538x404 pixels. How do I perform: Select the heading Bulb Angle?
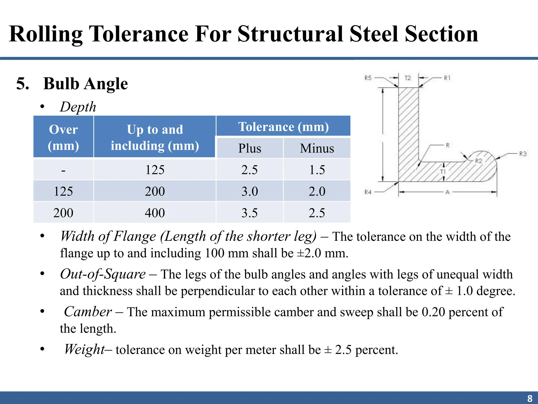click(85, 84)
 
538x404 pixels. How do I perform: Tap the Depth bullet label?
click(78, 107)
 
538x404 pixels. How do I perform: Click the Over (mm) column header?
click(63, 137)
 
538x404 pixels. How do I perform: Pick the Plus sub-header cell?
click(250, 148)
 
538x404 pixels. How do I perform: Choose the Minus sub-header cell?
click(317, 148)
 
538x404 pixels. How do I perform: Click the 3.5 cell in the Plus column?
click(250, 213)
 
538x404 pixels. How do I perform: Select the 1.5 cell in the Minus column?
click(317, 170)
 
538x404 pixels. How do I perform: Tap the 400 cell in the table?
click(155, 213)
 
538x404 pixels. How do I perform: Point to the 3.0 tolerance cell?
click(250, 191)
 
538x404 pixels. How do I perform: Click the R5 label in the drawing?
click(368, 78)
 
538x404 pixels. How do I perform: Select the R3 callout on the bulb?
click(523, 154)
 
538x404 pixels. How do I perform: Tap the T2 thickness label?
click(407, 78)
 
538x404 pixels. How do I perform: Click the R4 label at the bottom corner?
click(368, 192)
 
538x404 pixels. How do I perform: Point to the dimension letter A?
click(447, 192)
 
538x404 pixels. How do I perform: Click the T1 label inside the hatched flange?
click(443, 172)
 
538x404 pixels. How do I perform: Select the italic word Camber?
click(88, 312)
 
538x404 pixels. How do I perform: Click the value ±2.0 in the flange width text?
click(309, 253)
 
